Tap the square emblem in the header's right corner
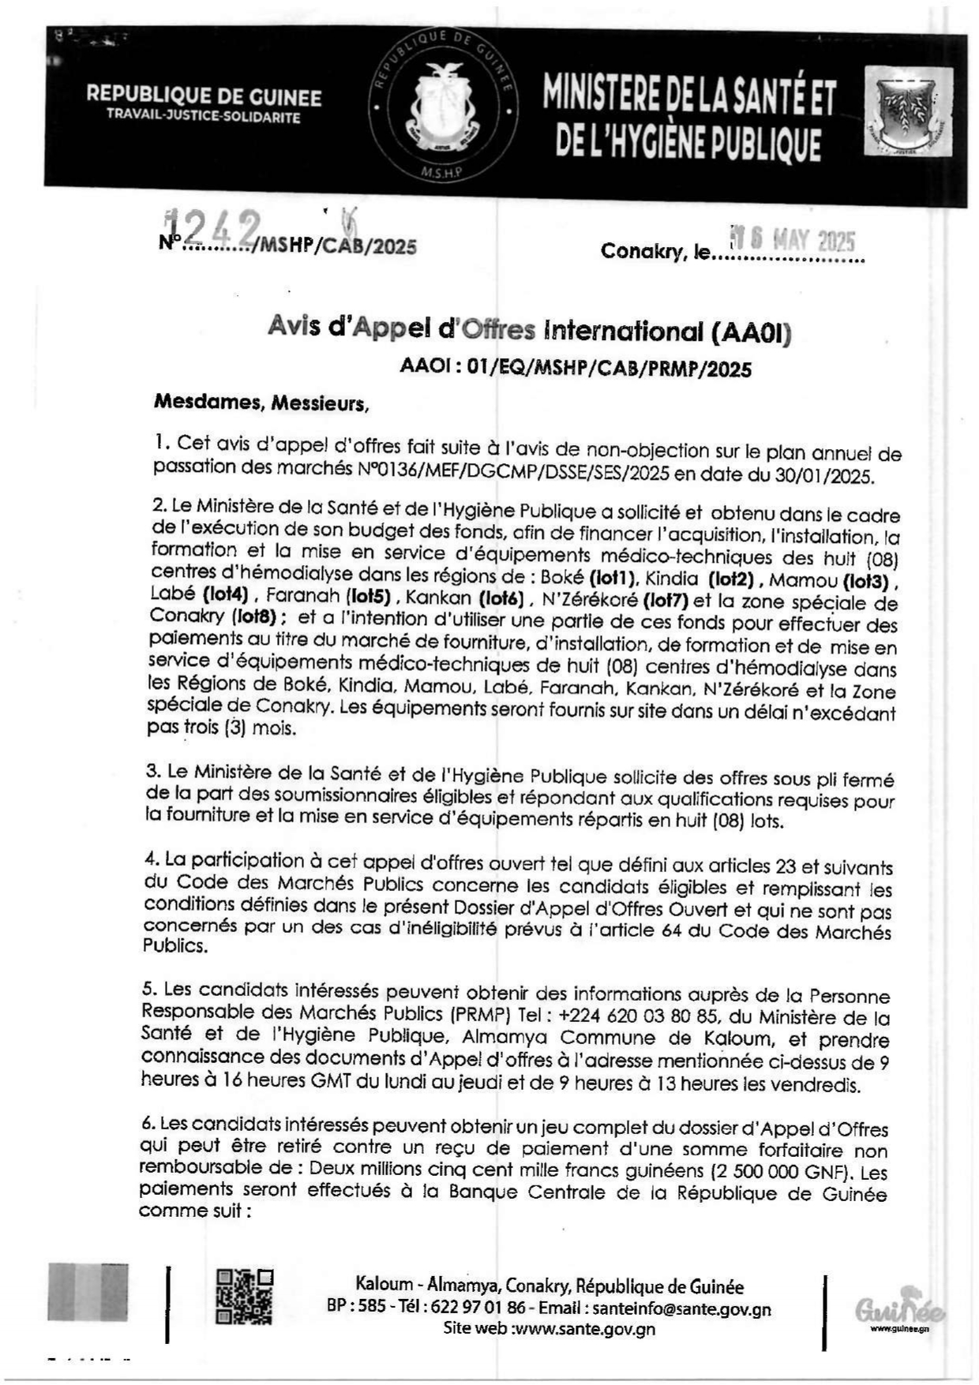pos(908,110)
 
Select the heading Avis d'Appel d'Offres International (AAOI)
pos(529,329)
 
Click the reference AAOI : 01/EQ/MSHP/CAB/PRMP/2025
pos(576,369)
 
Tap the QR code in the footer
pos(244,1297)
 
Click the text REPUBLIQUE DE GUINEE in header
pos(204,97)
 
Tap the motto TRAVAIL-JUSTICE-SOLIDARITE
pos(204,118)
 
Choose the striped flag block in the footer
pos(88,1292)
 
